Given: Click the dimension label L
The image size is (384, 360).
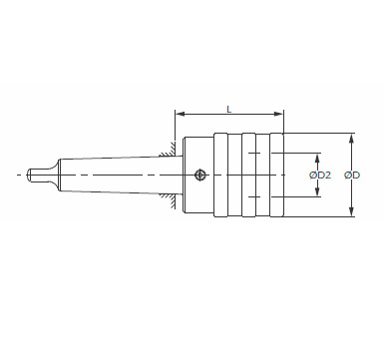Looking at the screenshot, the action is [228, 109].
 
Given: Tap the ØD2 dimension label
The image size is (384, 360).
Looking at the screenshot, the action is [320, 175].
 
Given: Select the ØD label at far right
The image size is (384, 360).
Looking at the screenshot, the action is [352, 175].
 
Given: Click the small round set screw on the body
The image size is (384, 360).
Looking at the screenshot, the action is [199, 175].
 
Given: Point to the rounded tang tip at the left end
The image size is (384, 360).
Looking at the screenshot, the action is [29, 176].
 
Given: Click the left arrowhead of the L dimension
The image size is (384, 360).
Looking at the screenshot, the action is [180, 114].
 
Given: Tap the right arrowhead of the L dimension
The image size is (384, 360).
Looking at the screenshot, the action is [278, 114].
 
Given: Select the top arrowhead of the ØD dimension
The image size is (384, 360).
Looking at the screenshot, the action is [352, 139].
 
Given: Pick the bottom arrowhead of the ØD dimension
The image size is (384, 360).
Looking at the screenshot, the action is [352, 211].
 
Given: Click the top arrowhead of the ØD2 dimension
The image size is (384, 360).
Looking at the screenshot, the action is [317, 158].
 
